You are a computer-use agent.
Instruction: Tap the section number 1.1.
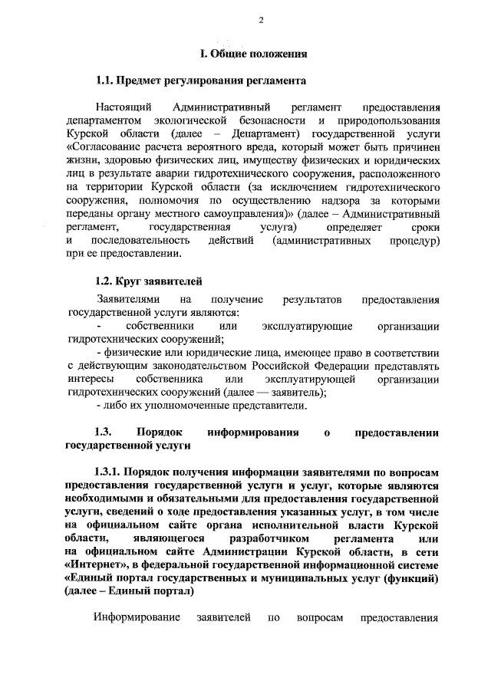pyautogui.click(x=107, y=80)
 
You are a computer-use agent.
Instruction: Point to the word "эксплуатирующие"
pyautogui.click(x=307, y=326)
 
